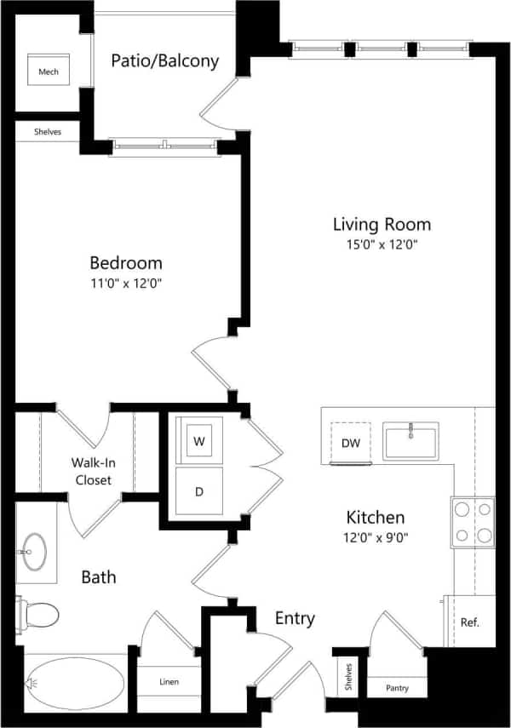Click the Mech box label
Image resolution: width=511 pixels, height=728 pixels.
[49, 72]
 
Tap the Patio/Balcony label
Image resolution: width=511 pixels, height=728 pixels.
[165, 60]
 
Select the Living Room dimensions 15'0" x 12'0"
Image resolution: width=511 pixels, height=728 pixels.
[382, 244]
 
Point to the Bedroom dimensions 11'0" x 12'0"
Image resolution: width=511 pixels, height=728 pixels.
[126, 283]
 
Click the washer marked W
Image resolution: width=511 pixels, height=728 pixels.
[199, 441]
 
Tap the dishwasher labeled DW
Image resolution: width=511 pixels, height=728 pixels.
[350, 443]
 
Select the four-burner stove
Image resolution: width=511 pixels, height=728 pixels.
[473, 522]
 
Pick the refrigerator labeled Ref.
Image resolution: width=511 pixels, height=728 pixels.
[469, 622]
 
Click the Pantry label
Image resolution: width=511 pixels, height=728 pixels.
[397, 688]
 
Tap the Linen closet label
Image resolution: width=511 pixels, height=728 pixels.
[169, 682]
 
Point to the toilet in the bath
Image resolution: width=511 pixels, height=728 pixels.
[38, 613]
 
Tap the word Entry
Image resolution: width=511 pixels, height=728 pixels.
[294, 618]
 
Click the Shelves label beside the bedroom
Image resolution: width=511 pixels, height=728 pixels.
[48, 132]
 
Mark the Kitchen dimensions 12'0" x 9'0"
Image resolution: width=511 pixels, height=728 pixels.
[375, 538]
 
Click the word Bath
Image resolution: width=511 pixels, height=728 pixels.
[99, 577]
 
